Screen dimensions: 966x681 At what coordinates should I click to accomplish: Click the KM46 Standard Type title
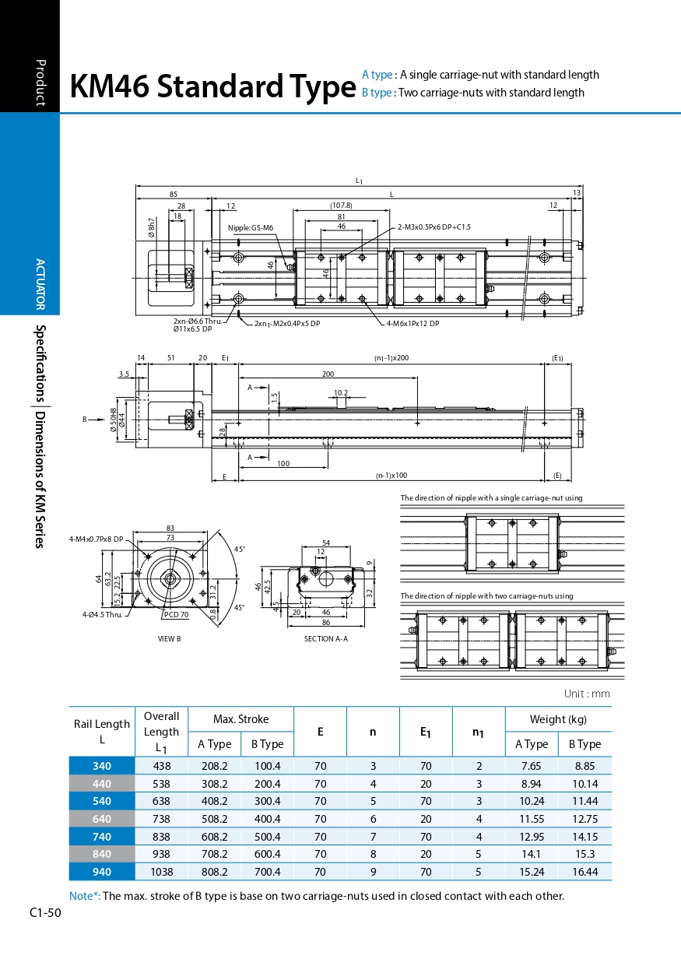[x=212, y=87]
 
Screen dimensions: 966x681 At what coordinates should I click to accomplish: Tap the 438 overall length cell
[x=161, y=766]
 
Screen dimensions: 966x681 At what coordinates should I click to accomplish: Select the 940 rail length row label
[x=102, y=872]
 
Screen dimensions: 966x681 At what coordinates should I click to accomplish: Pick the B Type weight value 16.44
[x=584, y=872]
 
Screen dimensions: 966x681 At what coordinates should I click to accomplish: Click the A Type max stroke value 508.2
[x=214, y=819]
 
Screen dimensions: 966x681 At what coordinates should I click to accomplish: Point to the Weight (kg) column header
[x=558, y=719]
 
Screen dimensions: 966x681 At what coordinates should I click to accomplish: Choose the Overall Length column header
[x=161, y=732]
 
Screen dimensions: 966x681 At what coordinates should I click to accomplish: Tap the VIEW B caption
[x=169, y=638]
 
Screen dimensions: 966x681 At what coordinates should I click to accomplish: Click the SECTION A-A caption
[x=325, y=638]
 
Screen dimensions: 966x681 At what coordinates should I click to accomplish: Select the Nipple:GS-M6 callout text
[x=251, y=228]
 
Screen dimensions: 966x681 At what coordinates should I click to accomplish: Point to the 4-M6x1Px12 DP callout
[x=413, y=323]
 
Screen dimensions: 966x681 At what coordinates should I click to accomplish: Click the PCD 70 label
[x=176, y=615]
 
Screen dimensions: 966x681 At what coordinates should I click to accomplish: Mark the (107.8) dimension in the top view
[x=341, y=205]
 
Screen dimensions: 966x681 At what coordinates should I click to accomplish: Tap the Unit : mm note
[x=587, y=694]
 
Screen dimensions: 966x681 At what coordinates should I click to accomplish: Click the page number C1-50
[x=45, y=912]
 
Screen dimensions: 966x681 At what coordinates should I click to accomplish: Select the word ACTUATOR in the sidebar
[x=41, y=284]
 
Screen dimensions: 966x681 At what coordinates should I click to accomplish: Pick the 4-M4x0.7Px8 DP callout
[x=96, y=539]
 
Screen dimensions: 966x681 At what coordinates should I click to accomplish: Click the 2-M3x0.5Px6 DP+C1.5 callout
[x=434, y=227]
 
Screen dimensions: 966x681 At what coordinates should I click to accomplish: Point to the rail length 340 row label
[x=102, y=766]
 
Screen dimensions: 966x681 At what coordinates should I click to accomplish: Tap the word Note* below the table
[x=84, y=896]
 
